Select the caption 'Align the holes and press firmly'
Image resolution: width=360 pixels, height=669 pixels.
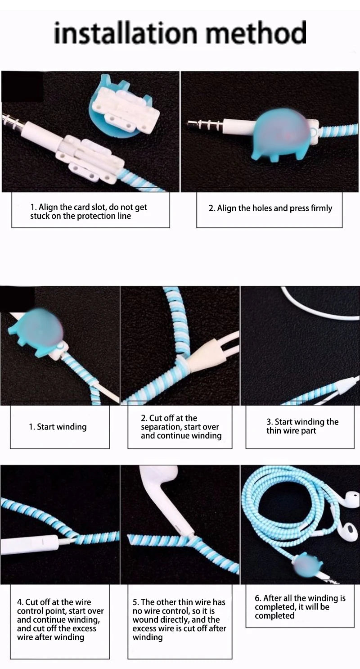pyautogui.click(x=274, y=208)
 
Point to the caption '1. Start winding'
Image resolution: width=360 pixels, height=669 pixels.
pyautogui.click(x=58, y=427)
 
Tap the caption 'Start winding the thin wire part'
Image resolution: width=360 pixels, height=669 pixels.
pyautogui.click(x=302, y=426)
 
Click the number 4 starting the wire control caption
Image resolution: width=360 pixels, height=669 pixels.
pyautogui.click(x=19, y=602)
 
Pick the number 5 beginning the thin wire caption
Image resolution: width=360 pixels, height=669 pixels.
pyautogui.click(x=135, y=602)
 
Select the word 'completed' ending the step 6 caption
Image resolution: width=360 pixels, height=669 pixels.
pyautogui.click(x=274, y=615)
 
